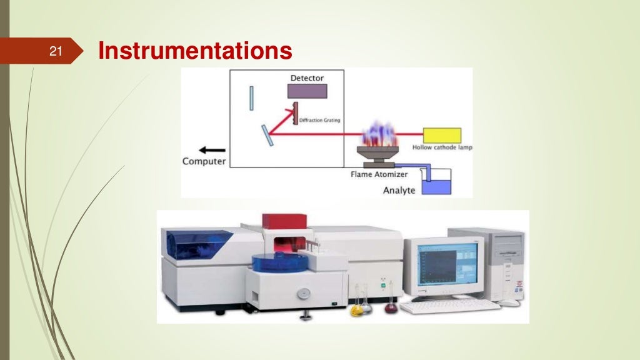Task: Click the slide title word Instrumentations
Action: (x=195, y=51)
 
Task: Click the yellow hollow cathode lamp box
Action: (x=442, y=135)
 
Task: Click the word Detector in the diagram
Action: (x=307, y=78)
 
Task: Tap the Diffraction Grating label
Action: (x=319, y=121)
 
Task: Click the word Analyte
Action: (x=399, y=189)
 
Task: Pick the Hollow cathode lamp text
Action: (x=442, y=147)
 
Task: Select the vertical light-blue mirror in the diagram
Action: (x=251, y=99)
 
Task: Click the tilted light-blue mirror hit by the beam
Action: (x=267, y=135)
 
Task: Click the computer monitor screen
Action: (x=447, y=265)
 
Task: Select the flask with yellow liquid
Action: (x=357, y=307)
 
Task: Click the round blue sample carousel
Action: (x=275, y=262)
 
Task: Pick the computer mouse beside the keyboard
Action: (x=509, y=302)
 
